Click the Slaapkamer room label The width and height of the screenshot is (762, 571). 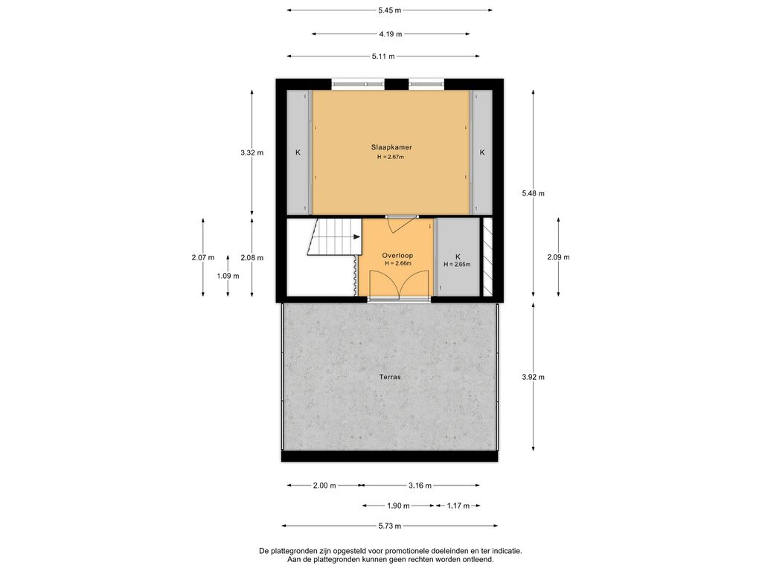391,147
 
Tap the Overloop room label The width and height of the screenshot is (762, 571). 397,256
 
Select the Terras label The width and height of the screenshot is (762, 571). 390,377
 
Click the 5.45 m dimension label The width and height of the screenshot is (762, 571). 390,10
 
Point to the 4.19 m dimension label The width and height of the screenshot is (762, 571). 391,34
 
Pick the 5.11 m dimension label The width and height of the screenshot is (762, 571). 383,57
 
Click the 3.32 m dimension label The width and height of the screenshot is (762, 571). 252,152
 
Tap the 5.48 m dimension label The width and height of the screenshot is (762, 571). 533,193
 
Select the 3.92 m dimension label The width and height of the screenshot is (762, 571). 533,377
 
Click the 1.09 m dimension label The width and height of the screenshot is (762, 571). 228,276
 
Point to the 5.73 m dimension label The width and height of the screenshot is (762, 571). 390,526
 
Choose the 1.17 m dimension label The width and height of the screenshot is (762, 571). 458,506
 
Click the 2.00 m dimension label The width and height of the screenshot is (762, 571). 324,485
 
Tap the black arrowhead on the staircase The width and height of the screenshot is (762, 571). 356,237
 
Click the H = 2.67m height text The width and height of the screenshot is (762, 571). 391,157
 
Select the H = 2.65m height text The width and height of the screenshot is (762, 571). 457,265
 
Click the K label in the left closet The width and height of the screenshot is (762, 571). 298,152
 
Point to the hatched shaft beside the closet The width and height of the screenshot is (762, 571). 487,257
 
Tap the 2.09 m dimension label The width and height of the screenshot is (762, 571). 558,257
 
